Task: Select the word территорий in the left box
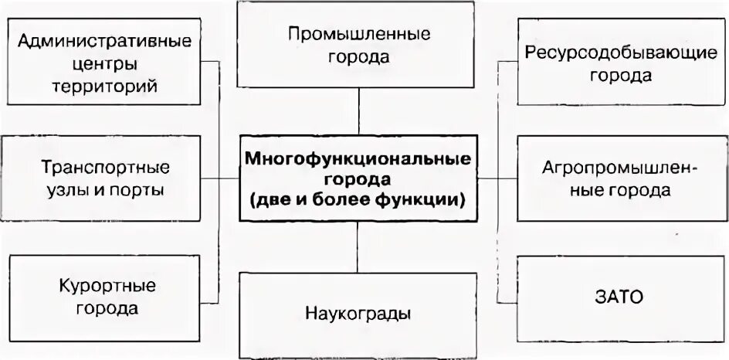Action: click(106, 85)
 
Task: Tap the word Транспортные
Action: click(106, 167)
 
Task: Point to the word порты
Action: click(139, 190)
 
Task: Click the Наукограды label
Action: click(358, 314)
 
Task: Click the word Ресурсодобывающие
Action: click(621, 52)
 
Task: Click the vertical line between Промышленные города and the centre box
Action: click(358, 111)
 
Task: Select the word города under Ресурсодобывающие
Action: click(621, 76)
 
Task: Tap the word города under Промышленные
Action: click(358, 57)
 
